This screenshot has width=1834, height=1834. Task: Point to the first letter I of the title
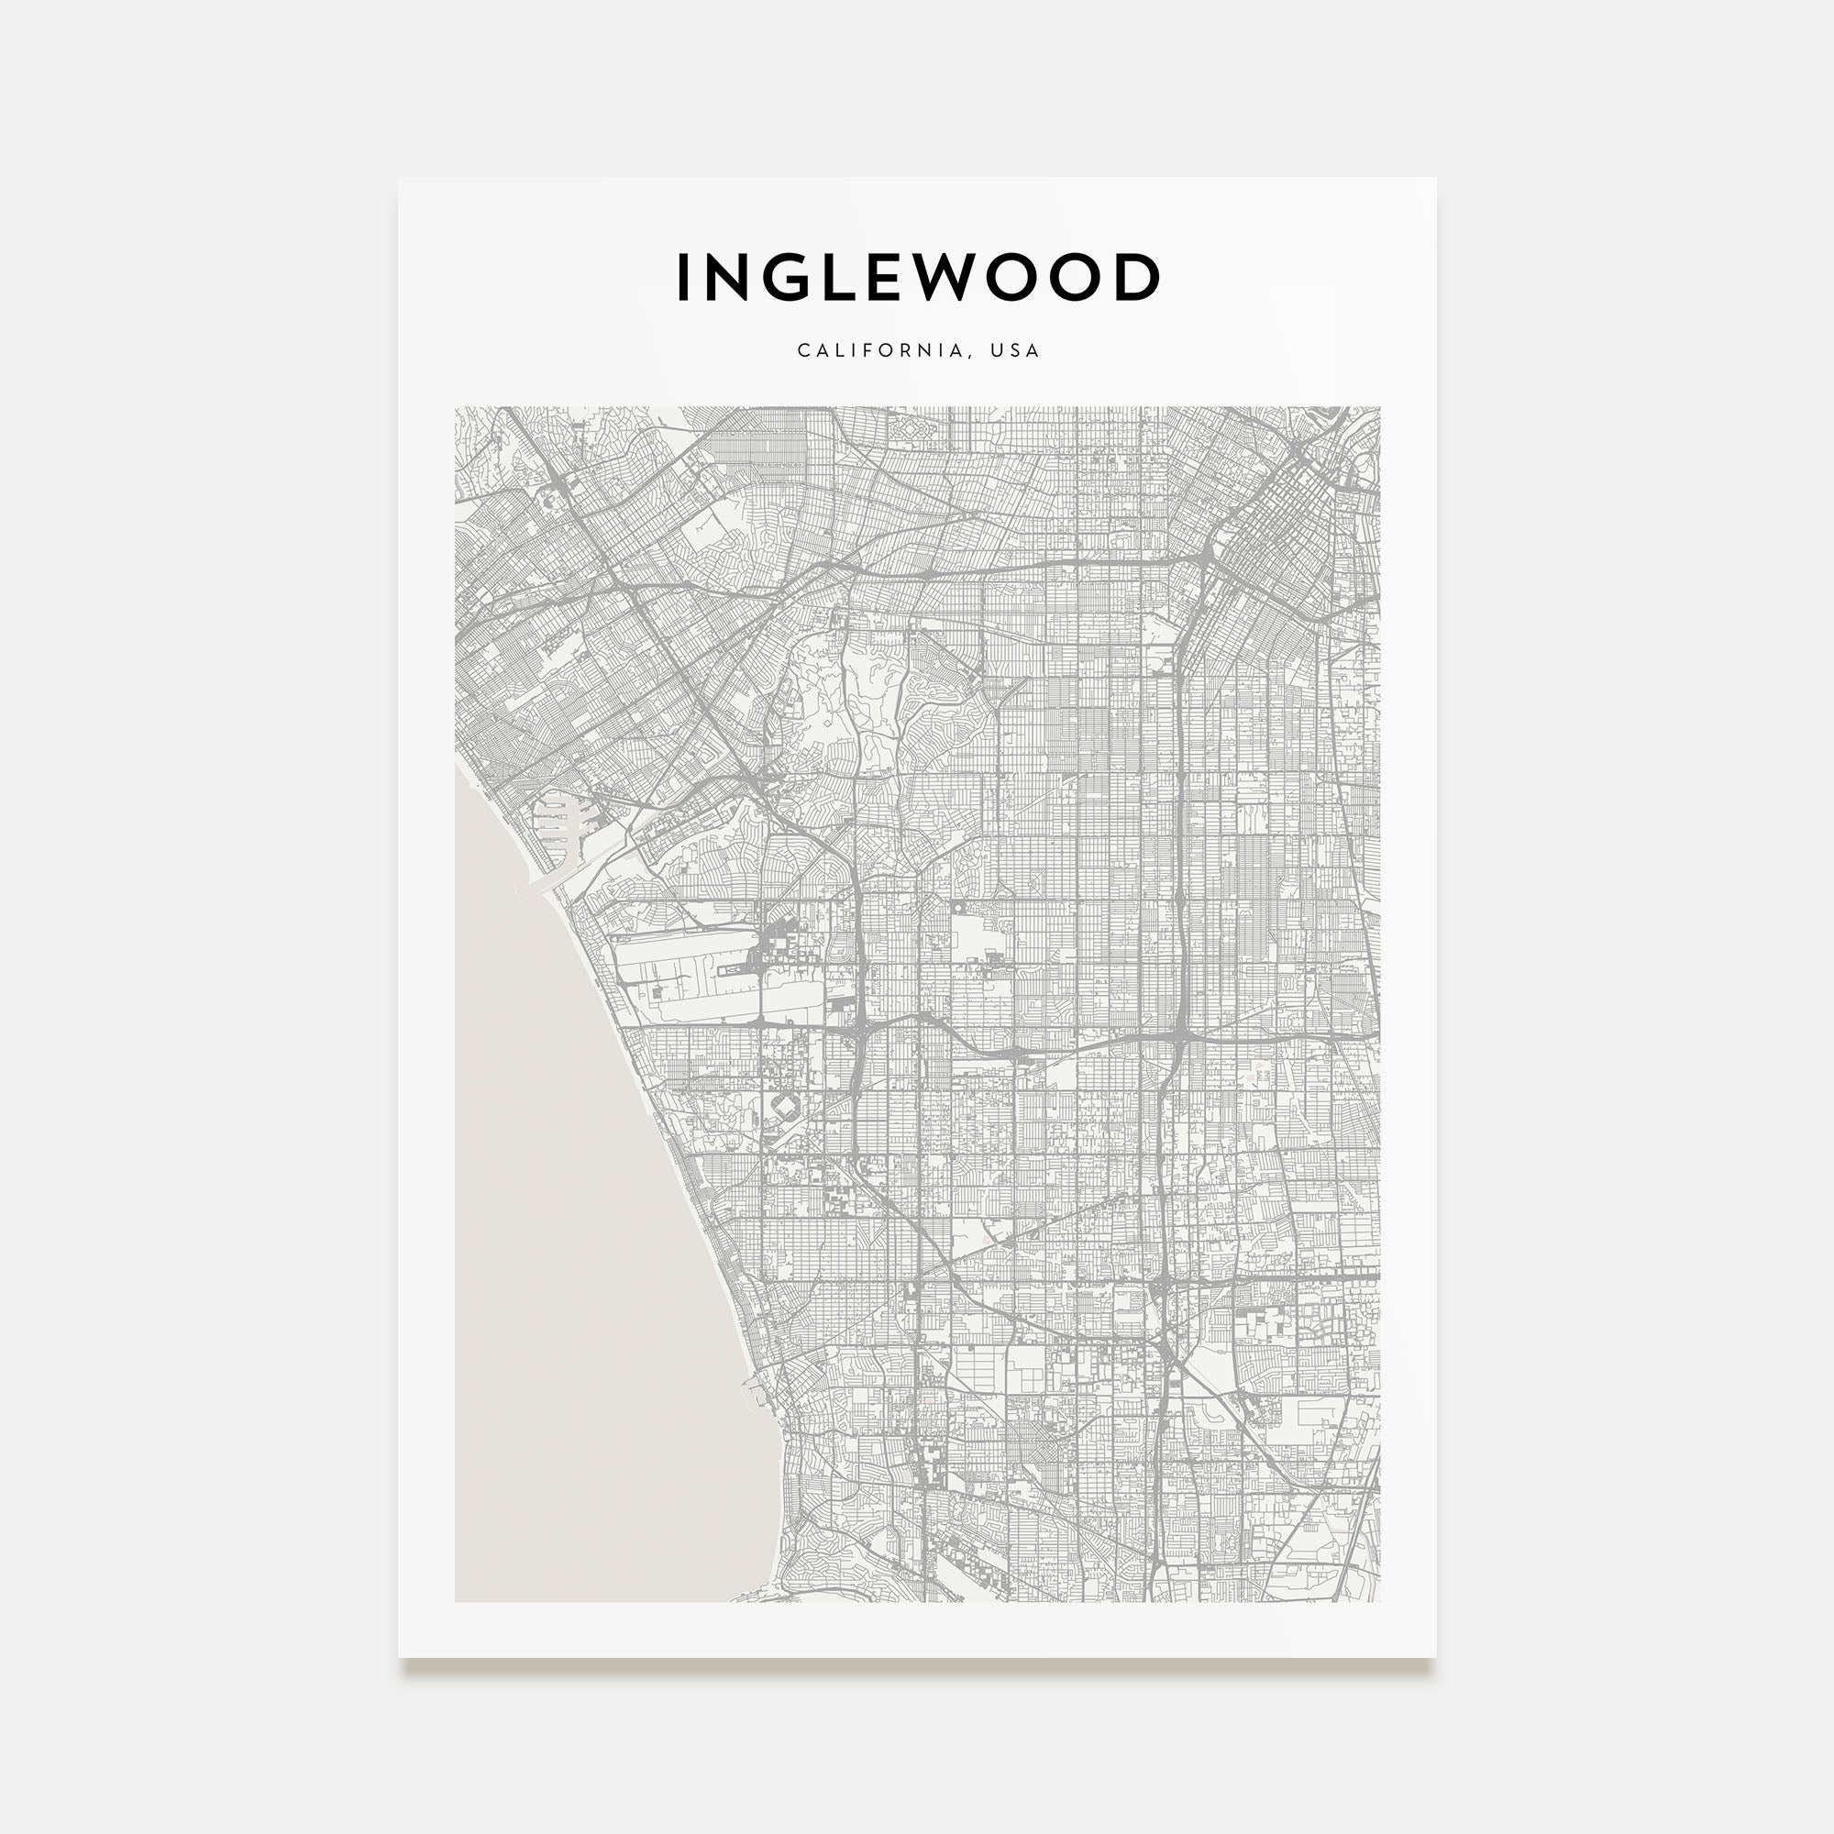pos(681,278)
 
